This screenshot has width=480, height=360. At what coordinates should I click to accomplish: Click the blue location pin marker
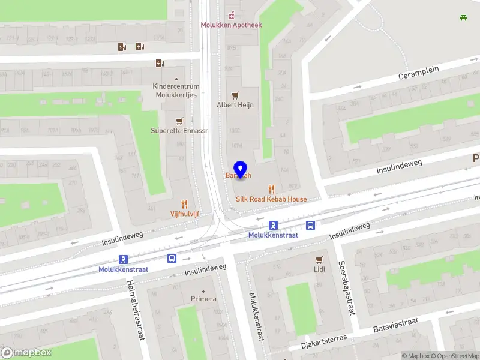241,170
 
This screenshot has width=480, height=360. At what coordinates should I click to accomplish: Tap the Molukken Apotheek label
231,25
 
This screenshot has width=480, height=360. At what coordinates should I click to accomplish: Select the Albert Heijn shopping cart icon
235,95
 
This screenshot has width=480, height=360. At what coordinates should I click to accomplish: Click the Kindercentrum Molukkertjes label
176,91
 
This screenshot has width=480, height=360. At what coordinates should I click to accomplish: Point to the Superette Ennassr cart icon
179,121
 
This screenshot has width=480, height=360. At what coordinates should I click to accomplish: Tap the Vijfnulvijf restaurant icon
184,204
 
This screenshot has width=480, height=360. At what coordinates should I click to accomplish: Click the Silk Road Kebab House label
271,199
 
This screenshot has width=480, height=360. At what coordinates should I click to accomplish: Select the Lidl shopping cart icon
319,260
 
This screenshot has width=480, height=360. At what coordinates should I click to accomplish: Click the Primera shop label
203,299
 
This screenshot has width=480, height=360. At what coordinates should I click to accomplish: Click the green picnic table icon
463,17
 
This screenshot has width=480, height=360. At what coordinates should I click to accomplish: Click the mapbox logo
26,353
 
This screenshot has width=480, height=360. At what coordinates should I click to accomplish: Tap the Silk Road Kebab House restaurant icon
271,189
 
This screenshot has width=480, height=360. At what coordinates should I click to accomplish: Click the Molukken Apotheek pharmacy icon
231,14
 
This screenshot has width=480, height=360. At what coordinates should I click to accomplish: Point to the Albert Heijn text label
235,105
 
